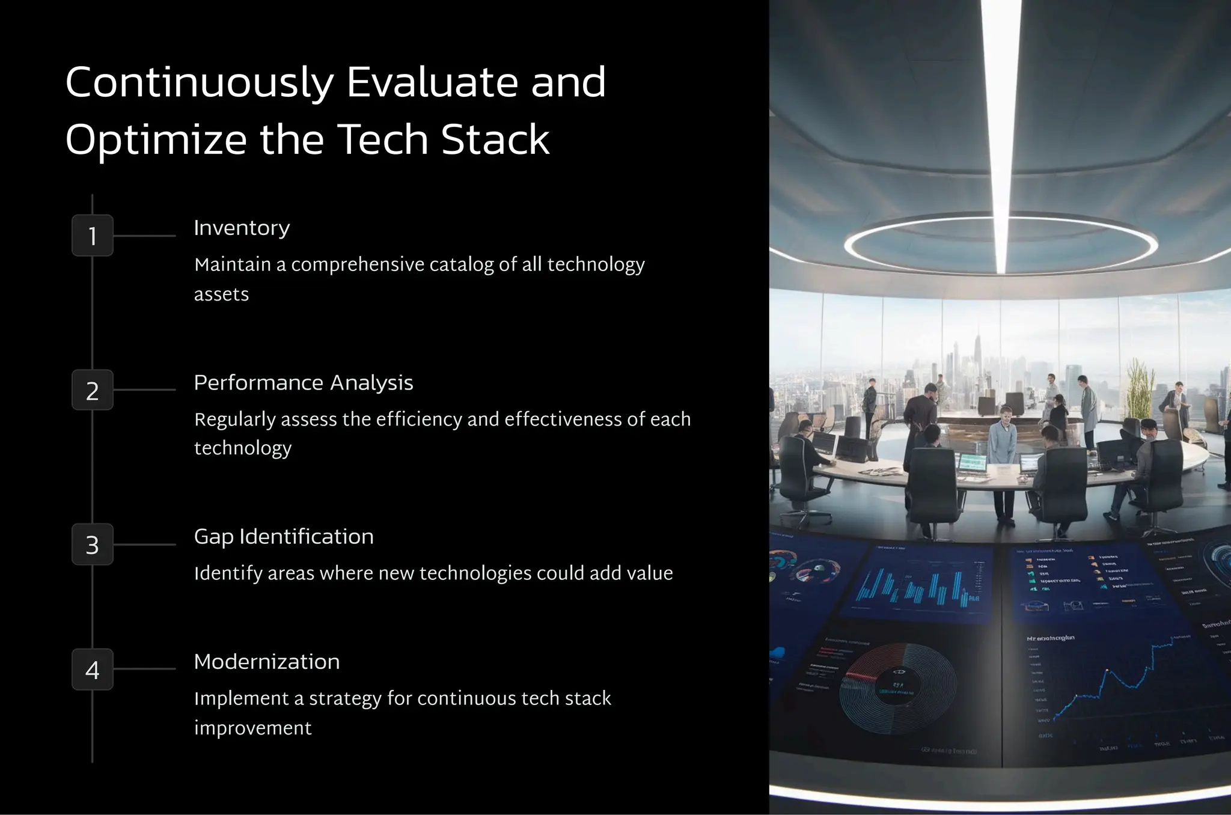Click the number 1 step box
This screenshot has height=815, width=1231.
coord(93,236)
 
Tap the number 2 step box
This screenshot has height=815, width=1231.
coord(93,390)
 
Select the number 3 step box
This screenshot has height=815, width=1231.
coord(93,545)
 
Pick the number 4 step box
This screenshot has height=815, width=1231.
coord(93,669)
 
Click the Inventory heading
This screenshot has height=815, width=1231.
coord(242,228)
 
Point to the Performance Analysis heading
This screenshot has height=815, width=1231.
coord(303,383)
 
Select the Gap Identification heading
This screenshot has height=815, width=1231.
coord(283,537)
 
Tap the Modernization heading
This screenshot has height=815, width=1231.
coord(266,662)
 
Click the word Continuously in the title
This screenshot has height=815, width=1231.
coord(199,83)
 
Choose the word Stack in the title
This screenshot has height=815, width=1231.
coord(495,140)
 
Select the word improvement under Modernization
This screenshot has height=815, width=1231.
coord(252,728)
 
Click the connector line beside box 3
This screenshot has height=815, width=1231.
coord(144,545)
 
